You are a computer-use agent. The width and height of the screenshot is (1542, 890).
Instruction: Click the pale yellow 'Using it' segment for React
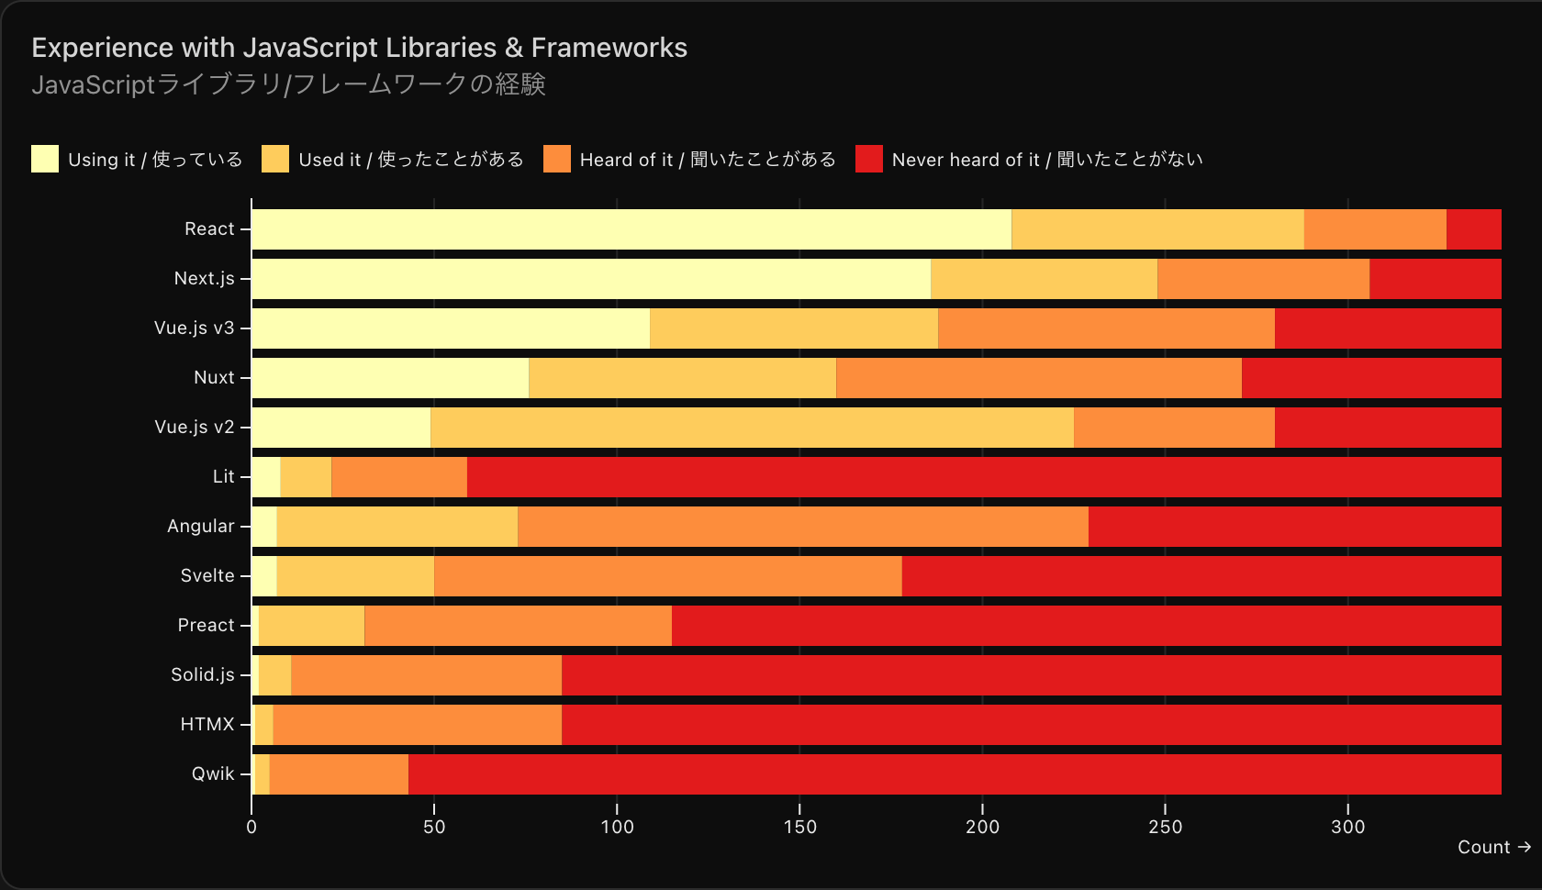pyautogui.click(x=631, y=229)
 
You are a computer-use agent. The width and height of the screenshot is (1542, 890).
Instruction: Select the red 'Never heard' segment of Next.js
pyautogui.click(x=1435, y=279)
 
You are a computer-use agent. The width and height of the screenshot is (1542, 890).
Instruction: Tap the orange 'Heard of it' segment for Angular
pyautogui.click(x=803, y=527)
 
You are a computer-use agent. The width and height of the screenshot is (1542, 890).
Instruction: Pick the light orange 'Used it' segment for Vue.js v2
pyautogui.click(x=752, y=428)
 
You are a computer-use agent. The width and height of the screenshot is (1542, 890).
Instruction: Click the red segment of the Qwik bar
pyautogui.click(x=955, y=774)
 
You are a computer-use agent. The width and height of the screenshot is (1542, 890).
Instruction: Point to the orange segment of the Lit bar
pyautogui.click(x=399, y=477)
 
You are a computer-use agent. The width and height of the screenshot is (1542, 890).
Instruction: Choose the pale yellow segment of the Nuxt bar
pyautogui.click(x=390, y=378)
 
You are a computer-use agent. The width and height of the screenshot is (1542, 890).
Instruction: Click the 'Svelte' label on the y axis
pyautogui.click(x=207, y=576)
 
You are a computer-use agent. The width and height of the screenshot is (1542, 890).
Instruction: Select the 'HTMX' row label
pyautogui.click(x=207, y=725)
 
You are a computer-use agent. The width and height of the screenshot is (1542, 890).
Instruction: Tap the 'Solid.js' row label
pyautogui.click(x=203, y=675)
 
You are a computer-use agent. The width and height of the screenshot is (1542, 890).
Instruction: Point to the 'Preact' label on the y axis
pyautogui.click(x=207, y=626)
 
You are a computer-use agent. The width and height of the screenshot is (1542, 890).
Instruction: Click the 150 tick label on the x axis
pyautogui.click(x=799, y=827)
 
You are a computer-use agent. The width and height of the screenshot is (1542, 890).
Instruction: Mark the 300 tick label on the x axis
pyautogui.click(x=1347, y=827)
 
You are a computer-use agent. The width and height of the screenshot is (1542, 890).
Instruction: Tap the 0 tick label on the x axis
pyautogui.click(x=251, y=827)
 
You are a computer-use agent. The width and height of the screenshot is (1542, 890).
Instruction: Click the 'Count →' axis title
pyautogui.click(x=1493, y=848)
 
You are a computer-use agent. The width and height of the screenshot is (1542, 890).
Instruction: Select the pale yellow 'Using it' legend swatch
pyautogui.click(x=45, y=159)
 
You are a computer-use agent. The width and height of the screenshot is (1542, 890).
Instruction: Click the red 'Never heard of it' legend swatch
pyautogui.click(x=868, y=159)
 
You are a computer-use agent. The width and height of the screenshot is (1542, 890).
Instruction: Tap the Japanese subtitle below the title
pyautogui.click(x=288, y=84)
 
